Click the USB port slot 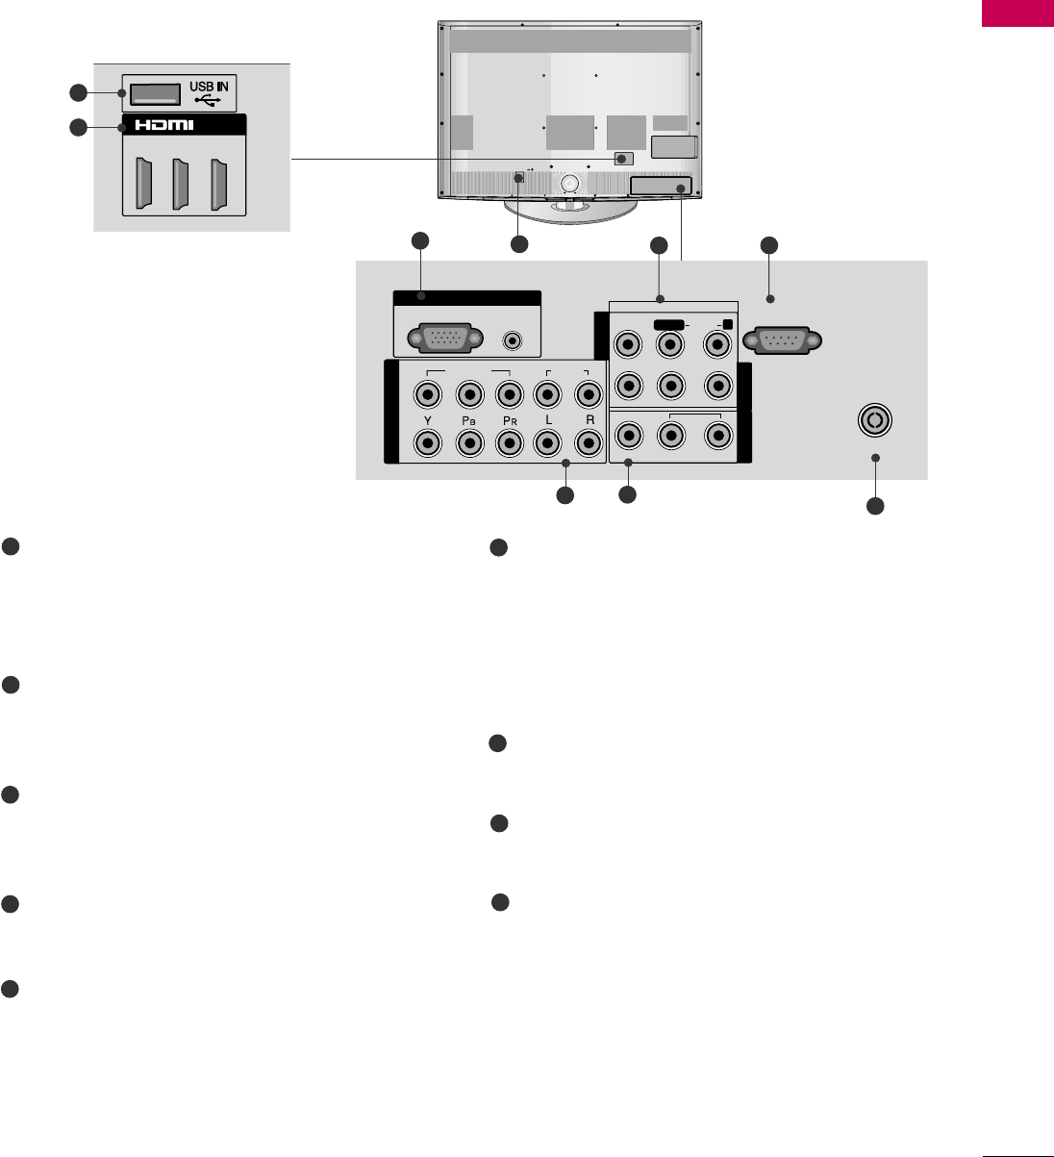[x=154, y=92]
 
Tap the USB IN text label [x=209, y=87]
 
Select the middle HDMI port [x=178, y=183]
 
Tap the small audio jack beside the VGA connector [x=514, y=340]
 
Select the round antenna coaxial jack [x=875, y=420]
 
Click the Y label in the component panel [x=427, y=420]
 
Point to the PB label [x=469, y=420]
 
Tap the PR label [x=509, y=420]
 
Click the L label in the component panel [x=547, y=420]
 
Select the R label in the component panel [x=589, y=420]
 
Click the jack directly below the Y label [x=427, y=442]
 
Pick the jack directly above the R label [x=588, y=393]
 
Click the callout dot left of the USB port [x=121, y=93]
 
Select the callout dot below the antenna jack [x=875, y=458]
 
